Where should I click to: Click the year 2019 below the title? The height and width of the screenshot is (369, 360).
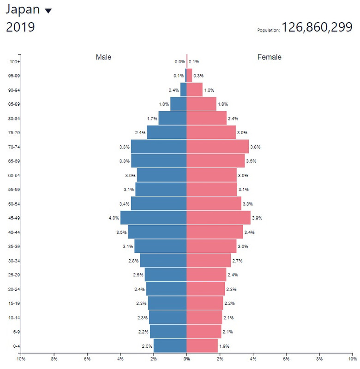click(x=20, y=27)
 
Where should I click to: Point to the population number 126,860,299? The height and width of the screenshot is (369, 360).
click(x=318, y=28)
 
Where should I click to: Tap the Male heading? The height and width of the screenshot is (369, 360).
click(x=103, y=57)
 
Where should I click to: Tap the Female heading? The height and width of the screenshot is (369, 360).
click(x=269, y=57)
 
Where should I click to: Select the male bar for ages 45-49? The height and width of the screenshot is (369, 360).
click(x=153, y=218)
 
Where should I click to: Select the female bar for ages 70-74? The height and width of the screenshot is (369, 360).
click(x=217, y=147)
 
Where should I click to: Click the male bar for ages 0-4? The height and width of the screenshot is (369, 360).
click(x=170, y=346)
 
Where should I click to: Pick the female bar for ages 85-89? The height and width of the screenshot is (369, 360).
click(x=201, y=104)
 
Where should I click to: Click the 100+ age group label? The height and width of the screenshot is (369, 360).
click(x=15, y=62)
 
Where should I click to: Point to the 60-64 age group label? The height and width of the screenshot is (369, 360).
click(x=15, y=175)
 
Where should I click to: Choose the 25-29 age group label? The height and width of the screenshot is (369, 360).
click(x=15, y=275)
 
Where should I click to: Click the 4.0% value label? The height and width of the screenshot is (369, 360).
click(x=114, y=218)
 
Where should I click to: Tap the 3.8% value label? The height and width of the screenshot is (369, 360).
click(x=255, y=147)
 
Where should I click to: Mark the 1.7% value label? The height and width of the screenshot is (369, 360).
click(x=152, y=119)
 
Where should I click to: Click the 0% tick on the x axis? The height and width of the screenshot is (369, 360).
click(x=186, y=358)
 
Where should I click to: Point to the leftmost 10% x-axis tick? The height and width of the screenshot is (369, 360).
click(x=21, y=358)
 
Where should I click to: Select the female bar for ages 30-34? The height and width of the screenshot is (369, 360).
click(x=209, y=261)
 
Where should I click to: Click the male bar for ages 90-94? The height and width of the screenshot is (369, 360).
click(x=183, y=90)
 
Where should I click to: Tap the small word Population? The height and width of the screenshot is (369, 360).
click(x=268, y=30)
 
